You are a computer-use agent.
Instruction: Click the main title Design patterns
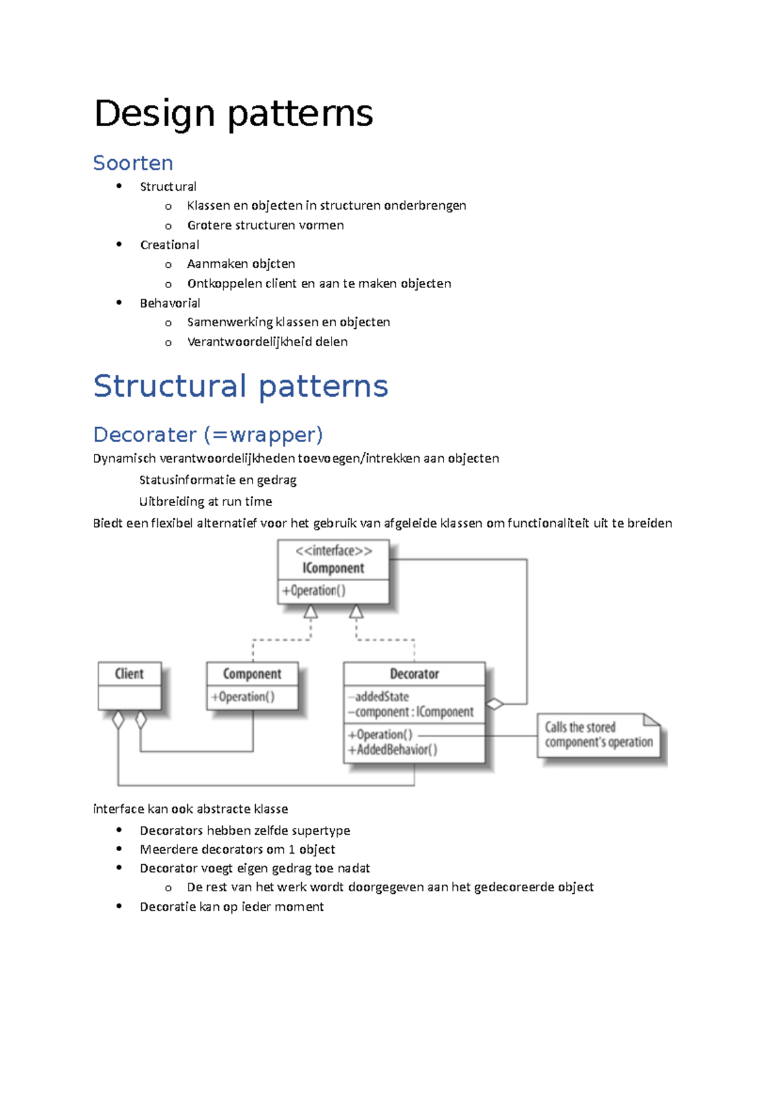click(x=233, y=113)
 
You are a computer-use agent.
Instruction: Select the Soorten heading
click(x=133, y=162)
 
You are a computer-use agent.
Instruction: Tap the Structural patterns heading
click(x=240, y=386)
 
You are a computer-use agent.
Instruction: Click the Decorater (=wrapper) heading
click(x=208, y=434)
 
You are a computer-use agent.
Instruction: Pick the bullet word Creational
click(x=170, y=245)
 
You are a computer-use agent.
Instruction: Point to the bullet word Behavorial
click(x=170, y=303)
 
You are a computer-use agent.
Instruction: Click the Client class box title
click(x=129, y=674)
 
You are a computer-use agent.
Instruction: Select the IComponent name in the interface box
click(x=333, y=568)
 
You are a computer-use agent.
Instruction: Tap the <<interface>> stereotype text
click(x=333, y=551)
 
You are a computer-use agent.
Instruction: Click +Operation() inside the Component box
click(x=243, y=697)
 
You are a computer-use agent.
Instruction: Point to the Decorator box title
click(x=414, y=674)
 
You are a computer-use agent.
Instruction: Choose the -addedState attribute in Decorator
click(x=379, y=697)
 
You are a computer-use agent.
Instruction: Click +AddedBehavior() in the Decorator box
click(x=393, y=749)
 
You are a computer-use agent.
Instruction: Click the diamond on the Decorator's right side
click(x=495, y=704)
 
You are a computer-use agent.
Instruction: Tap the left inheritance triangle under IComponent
click(x=311, y=612)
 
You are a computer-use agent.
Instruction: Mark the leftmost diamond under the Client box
click(x=118, y=719)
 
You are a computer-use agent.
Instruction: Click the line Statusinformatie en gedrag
click(x=218, y=480)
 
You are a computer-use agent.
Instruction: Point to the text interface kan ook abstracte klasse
click(x=190, y=809)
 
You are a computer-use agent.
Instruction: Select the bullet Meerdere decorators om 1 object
click(x=237, y=849)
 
